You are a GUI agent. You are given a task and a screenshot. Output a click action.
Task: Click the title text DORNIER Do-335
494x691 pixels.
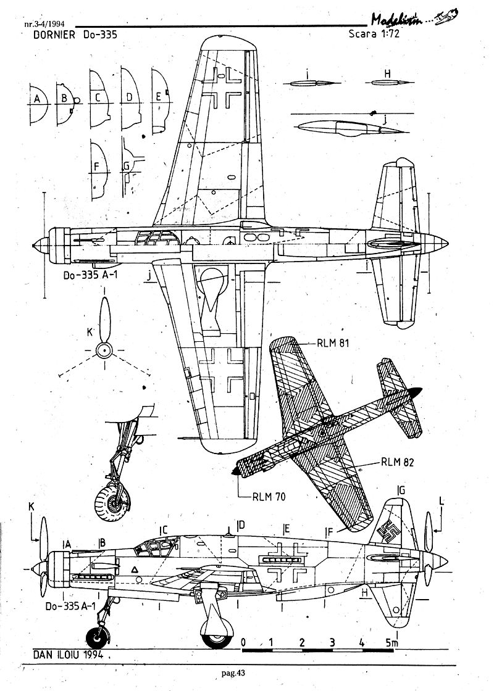(72, 35)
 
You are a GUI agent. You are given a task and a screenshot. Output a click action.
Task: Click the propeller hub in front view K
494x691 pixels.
(104, 351)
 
